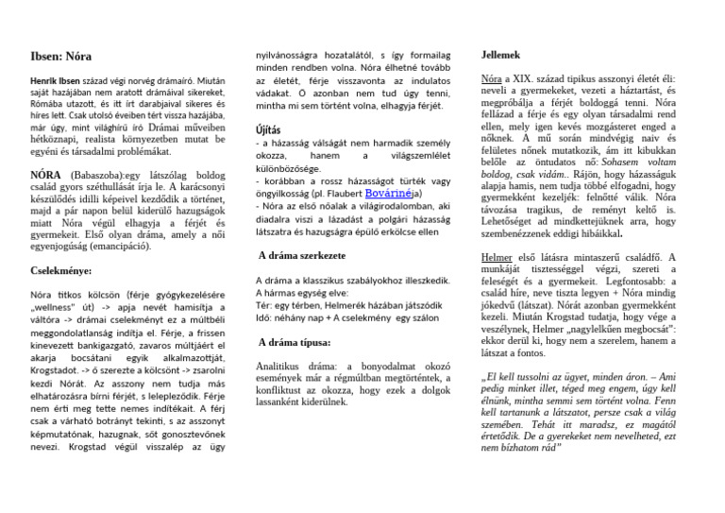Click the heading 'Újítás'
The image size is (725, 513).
tap(268, 128)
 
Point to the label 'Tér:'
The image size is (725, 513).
tap(263, 306)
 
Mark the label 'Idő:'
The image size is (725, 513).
tap(264, 318)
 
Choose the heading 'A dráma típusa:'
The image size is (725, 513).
tap(295, 343)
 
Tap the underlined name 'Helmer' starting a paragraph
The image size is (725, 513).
tap(497, 257)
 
